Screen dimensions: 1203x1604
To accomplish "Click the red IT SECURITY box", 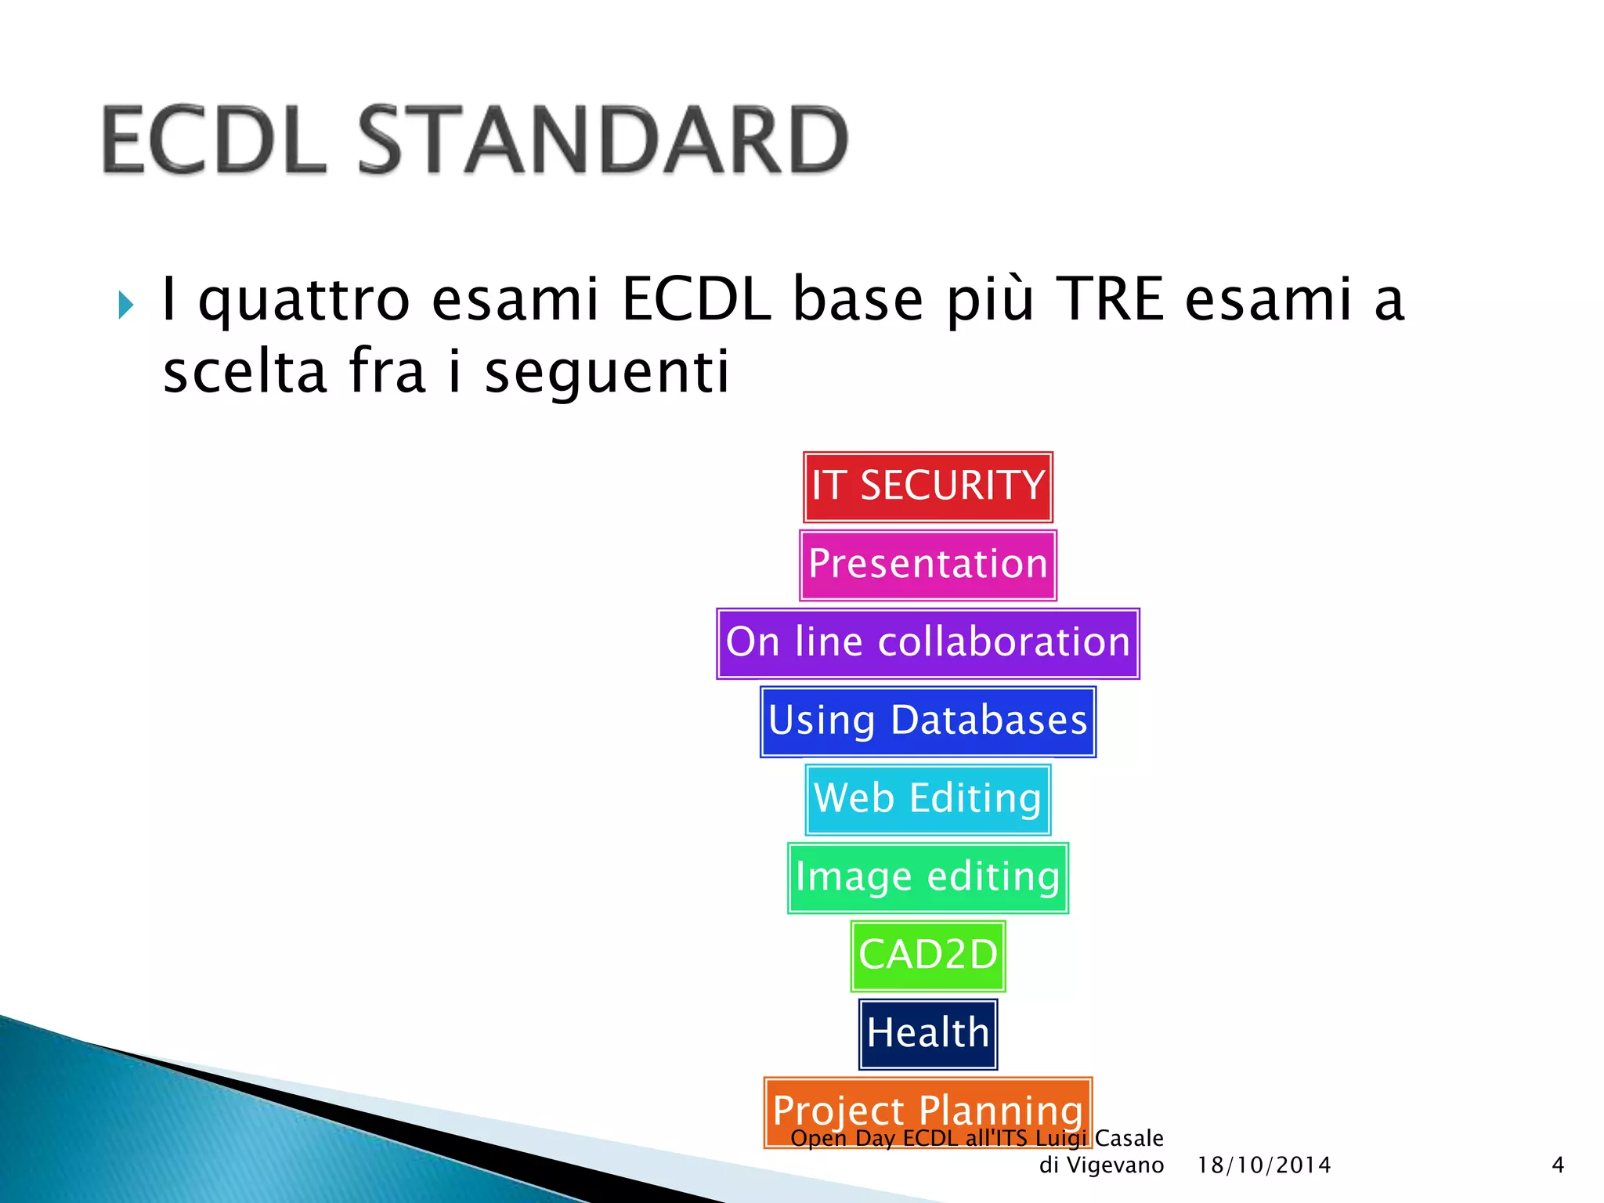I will (x=927, y=486).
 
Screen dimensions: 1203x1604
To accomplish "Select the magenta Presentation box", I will (x=927, y=565).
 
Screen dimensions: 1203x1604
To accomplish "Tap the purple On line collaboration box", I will (x=927, y=643).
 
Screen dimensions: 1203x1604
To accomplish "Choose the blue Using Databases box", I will (x=927, y=721).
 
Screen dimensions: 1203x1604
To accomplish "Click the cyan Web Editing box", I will (x=927, y=800).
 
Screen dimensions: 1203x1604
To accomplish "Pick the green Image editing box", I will (x=927, y=877).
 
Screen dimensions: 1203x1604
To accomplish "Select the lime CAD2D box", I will (x=927, y=956).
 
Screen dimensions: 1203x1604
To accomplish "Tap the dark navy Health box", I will (x=927, y=1034).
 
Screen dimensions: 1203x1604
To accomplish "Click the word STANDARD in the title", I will (x=603, y=141).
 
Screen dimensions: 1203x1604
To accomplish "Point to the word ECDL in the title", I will (x=214, y=141).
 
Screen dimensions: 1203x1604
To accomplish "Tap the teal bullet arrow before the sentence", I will (x=125, y=305).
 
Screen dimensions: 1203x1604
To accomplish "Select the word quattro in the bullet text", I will (x=304, y=302).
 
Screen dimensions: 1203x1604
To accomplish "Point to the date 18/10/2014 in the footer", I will (x=1263, y=1165).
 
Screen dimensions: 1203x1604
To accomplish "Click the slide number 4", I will (x=1558, y=1165).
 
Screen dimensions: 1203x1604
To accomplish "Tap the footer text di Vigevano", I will (x=1100, y=1165).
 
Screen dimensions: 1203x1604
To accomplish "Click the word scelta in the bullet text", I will (x=244, y=372).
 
